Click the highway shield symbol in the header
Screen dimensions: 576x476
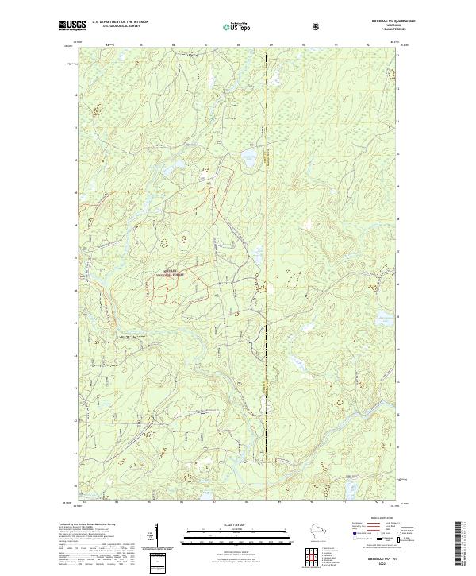(x=317, y=25)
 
